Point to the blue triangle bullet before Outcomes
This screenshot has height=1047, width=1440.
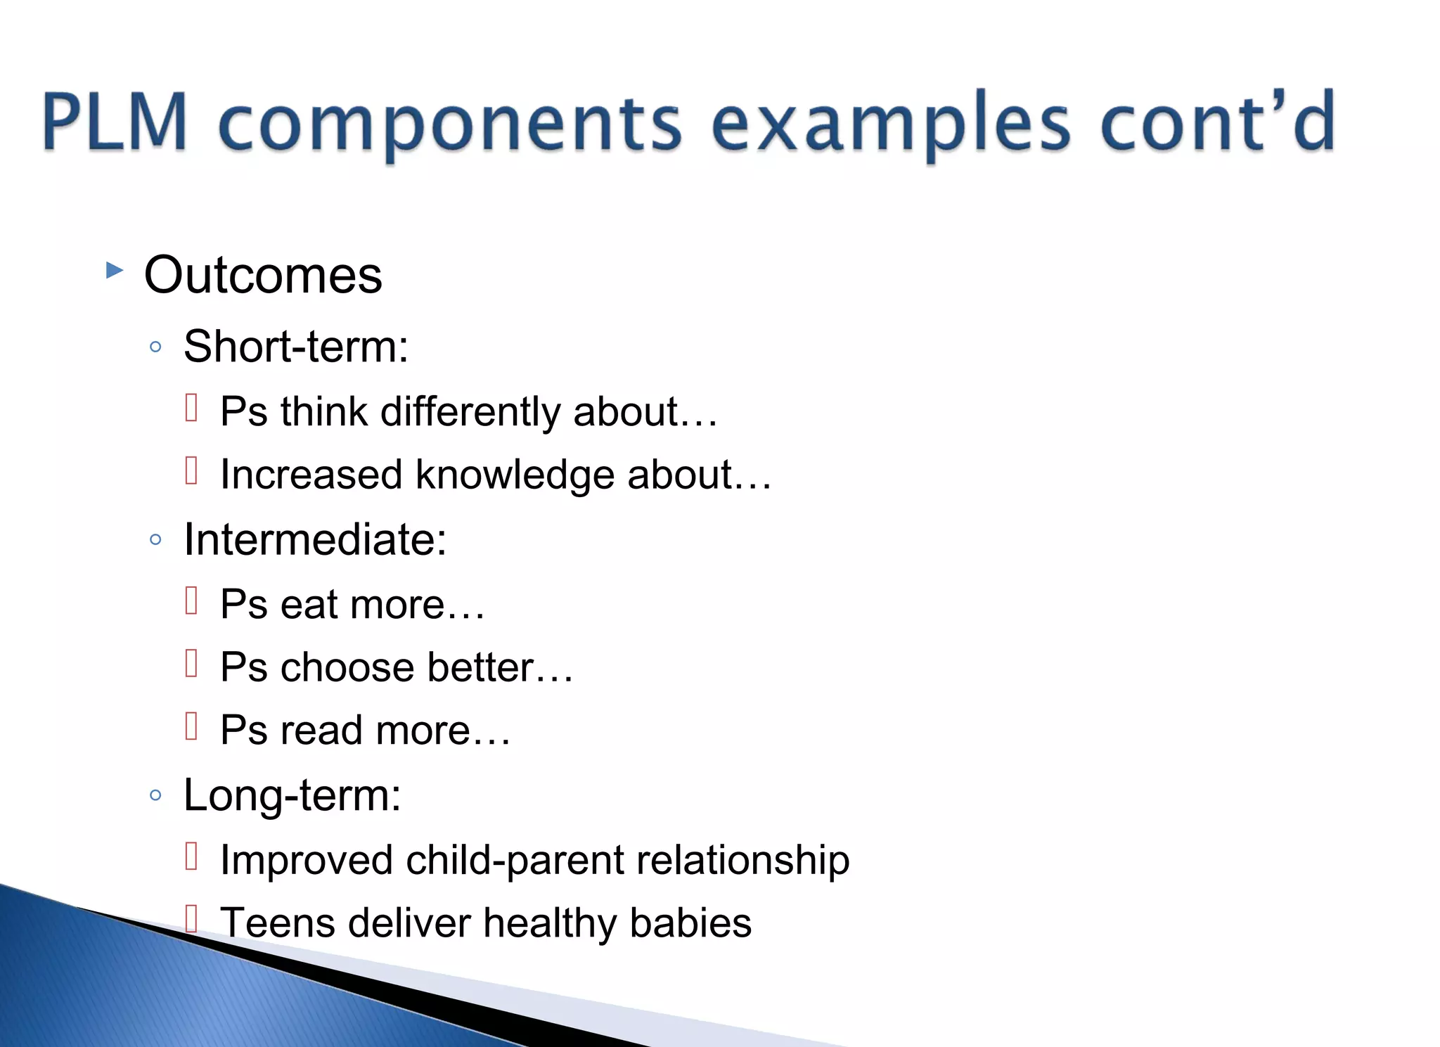click(114, 270)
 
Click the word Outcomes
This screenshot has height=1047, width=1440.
click(263, 275)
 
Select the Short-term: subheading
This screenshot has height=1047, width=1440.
click(295, 347)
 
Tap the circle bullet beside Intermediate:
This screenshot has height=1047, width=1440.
click(156, 540)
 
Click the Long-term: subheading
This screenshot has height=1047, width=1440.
click(292, 795)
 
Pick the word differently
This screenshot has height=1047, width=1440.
click(470, 411)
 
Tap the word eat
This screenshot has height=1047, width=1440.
click(309, 605)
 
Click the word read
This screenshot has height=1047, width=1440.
click(321, 731)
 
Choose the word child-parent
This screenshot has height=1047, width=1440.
click(515, 861)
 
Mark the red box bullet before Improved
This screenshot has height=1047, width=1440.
click(191, 856)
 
